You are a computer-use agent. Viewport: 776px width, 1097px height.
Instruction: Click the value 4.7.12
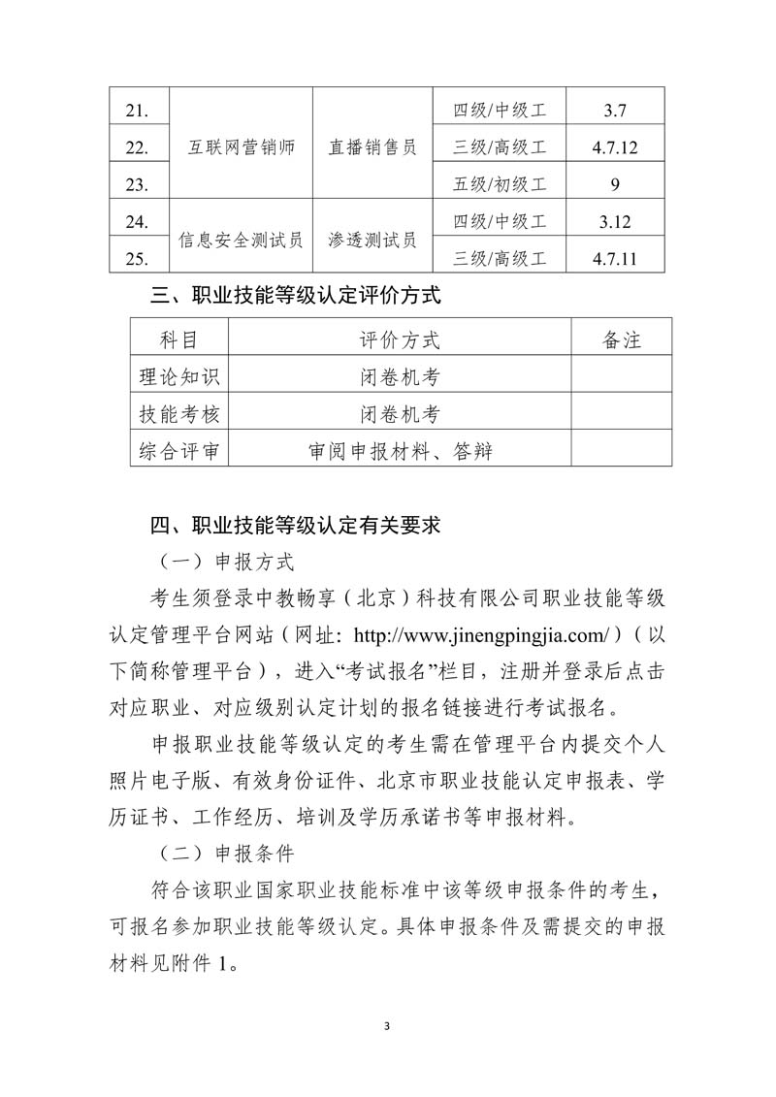tap(615, 147)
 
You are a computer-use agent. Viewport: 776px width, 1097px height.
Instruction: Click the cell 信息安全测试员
tap(241, 240)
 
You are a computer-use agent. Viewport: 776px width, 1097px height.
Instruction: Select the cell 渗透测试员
tap(372, 240)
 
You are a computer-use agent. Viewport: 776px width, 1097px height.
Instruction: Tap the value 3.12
tap(615, 221)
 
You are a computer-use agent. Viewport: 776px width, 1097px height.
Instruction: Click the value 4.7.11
tap(615, 258)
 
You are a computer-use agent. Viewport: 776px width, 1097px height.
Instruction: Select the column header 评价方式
tap(399, 339)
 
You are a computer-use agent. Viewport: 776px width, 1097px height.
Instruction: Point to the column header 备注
tap(621, 339)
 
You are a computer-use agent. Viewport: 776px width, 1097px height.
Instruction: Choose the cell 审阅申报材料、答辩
tap(399, 451)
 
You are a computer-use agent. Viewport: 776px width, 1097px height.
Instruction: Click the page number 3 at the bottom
tap(387, 1025)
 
